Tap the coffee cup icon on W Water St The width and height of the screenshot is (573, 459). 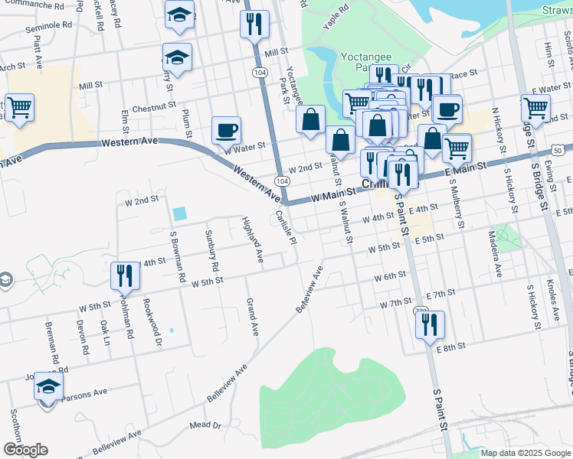pos(225,130)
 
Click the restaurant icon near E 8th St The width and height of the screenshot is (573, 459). pos(430,324)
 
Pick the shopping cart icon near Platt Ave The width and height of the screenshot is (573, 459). pos(19,107)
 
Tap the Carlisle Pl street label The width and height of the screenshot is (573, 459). pos(286,227)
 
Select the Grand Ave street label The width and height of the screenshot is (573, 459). pos(251,317)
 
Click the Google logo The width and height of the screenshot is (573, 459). pos(25,450)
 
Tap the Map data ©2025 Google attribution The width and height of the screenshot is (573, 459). pos(526,453)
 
